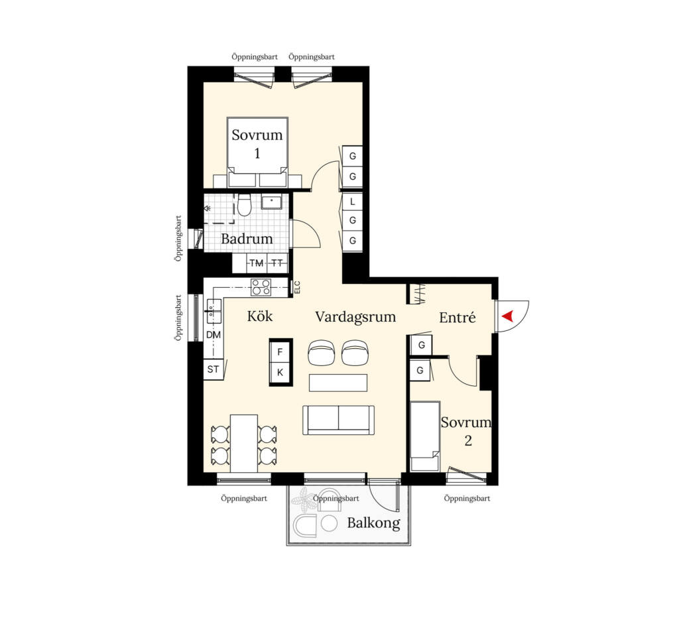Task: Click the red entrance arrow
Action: (508, 316)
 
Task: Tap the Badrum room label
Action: (247, 239)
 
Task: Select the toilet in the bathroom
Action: (244, 204)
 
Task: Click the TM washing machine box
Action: (257, 263)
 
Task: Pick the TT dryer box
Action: (278, 263)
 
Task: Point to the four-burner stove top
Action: (261, 287)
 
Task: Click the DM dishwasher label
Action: (214, 335)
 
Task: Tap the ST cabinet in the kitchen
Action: (213, 369)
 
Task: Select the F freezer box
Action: (280, 352)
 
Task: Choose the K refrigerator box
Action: (280, 372)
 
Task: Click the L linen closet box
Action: (353, 202)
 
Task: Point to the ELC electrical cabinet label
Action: (297, 288)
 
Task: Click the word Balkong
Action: (374, 523)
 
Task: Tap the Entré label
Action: (458, 318)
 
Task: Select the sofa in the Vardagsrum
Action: (339, 420)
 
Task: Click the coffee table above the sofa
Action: (338, 383)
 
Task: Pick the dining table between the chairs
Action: (244, 444)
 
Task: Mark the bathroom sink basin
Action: (272, 202)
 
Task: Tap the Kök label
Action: (260, 316)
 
